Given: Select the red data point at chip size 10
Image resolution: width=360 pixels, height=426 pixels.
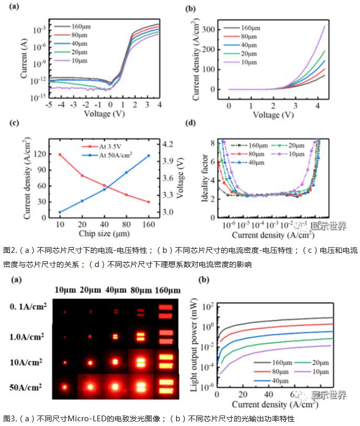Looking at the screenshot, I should (x=60, y=155).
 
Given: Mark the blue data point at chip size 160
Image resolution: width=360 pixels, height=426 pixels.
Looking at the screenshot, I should (x=149, y=155).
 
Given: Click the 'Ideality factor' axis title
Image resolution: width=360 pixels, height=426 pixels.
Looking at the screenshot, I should (x=206, y=177).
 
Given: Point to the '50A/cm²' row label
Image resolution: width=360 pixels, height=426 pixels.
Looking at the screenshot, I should (x=28, y=389).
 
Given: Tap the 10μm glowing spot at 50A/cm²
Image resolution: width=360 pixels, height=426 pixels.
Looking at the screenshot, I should (x=65, y=389).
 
